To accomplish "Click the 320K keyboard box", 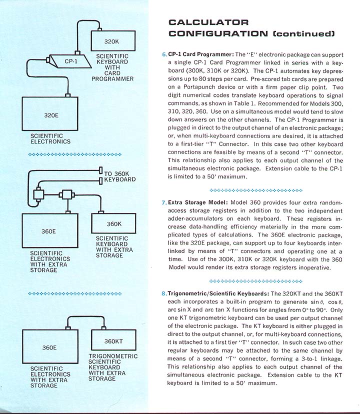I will pos(113,40).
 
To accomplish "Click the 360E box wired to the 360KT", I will pos(48,347).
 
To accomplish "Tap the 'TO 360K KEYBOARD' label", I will pos(119,176).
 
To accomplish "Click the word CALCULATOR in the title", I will pos(208,22).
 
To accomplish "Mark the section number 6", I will pos(164,54).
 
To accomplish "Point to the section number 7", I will pos(164,203).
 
